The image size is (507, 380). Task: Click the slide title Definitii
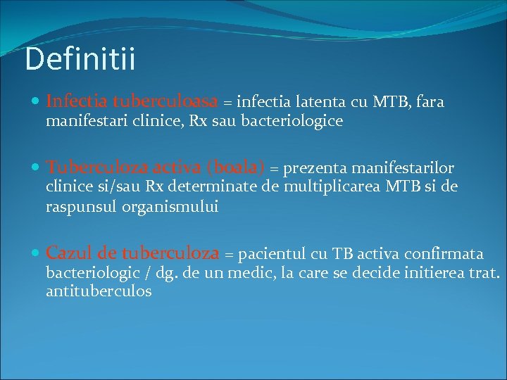click(80, 59)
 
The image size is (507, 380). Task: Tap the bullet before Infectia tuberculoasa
click(37, 103)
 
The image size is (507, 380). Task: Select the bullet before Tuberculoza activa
click(37, 168)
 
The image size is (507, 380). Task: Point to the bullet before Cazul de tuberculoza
click(37, 253)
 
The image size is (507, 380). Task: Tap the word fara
click(430, 103)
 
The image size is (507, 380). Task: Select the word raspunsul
click(78, 207)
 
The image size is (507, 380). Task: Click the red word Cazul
click(68, 253)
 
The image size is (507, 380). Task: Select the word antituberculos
click(99, 291)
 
